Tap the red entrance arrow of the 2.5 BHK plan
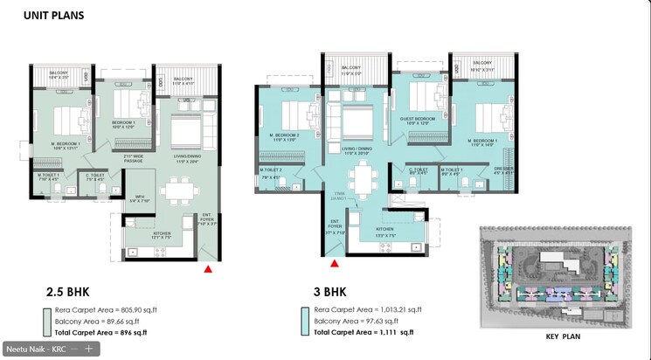pyautogui.click(x=208, y=269)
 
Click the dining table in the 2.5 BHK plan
pyautogui.click(x=180, y=190)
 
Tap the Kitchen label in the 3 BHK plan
pyautogui.click(x=385, y=234)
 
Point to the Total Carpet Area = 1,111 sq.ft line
pyautogui.click(x=363, y=332)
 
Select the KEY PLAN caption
pyautogui.click(x=564, y=336)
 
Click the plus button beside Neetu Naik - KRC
pyautogui.click(x=87, y=348)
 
